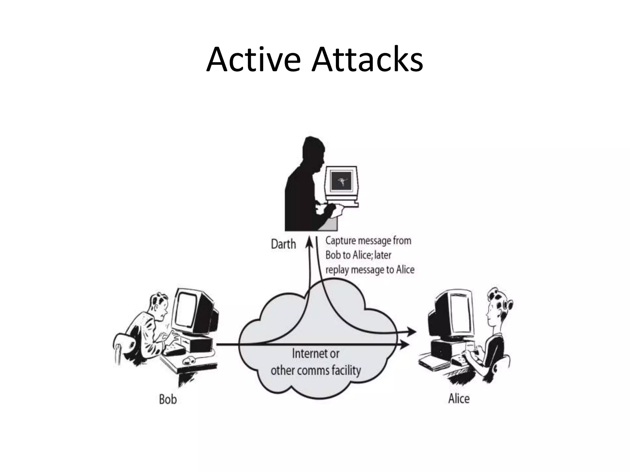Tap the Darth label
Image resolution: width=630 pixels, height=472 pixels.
pyautogui.click(x=283, y=244)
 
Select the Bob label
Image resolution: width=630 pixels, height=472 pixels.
pyautogui.click(x=168, y=399)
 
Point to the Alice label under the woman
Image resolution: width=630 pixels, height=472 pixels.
pyautogui.click(x=459, y=399)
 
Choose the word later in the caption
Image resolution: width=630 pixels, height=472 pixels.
pyautogui.click(x=382, y=255)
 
